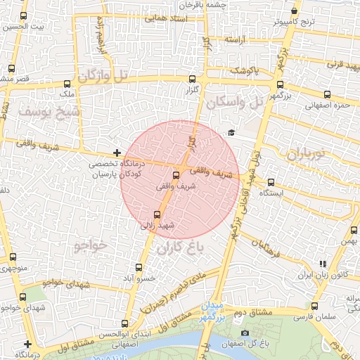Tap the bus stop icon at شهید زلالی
157,214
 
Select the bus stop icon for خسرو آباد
139,267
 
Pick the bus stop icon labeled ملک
67,83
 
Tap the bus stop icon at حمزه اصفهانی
327,94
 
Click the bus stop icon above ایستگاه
271,182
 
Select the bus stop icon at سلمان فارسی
314,306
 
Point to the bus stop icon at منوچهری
12,257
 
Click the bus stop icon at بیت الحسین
23,16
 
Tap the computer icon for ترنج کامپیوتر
295,11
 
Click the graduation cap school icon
231,132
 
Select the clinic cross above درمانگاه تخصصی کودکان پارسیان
116,153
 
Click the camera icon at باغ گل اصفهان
244,333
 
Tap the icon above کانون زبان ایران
322,264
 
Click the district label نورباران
308,153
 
